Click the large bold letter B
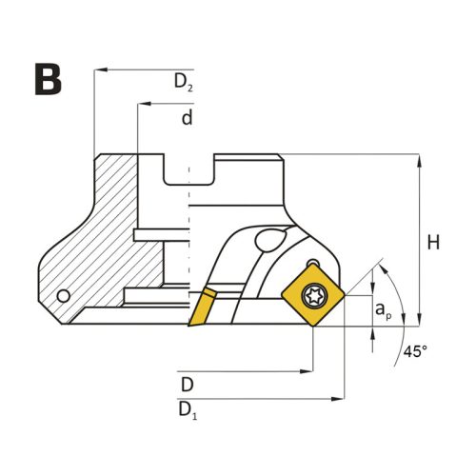(x=48, y=79)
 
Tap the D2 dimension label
(x=184, y=82)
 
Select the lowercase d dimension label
(x=188, y=117)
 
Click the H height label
(x=433, y=242)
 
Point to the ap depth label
(x=384, y=309)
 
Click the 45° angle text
(x=415, y=351)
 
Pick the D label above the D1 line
(x=188, y=385)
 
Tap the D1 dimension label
(x=188, y=410)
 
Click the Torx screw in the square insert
(x=313, y=296)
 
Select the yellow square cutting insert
(x=313, y=295)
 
